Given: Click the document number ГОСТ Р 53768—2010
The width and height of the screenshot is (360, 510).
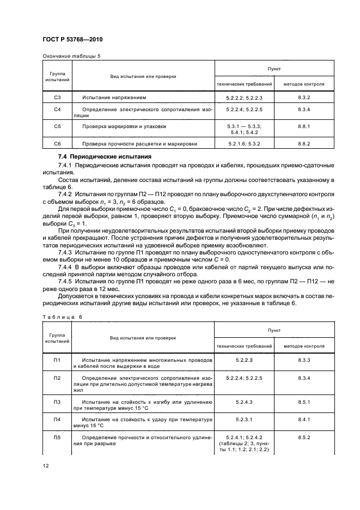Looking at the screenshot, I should point(73,40).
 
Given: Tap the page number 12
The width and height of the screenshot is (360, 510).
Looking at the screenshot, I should point(46,465).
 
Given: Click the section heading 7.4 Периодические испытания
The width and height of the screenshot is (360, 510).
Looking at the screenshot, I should point(94,157).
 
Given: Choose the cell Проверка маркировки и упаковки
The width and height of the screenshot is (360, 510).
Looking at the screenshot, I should point(124,126).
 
